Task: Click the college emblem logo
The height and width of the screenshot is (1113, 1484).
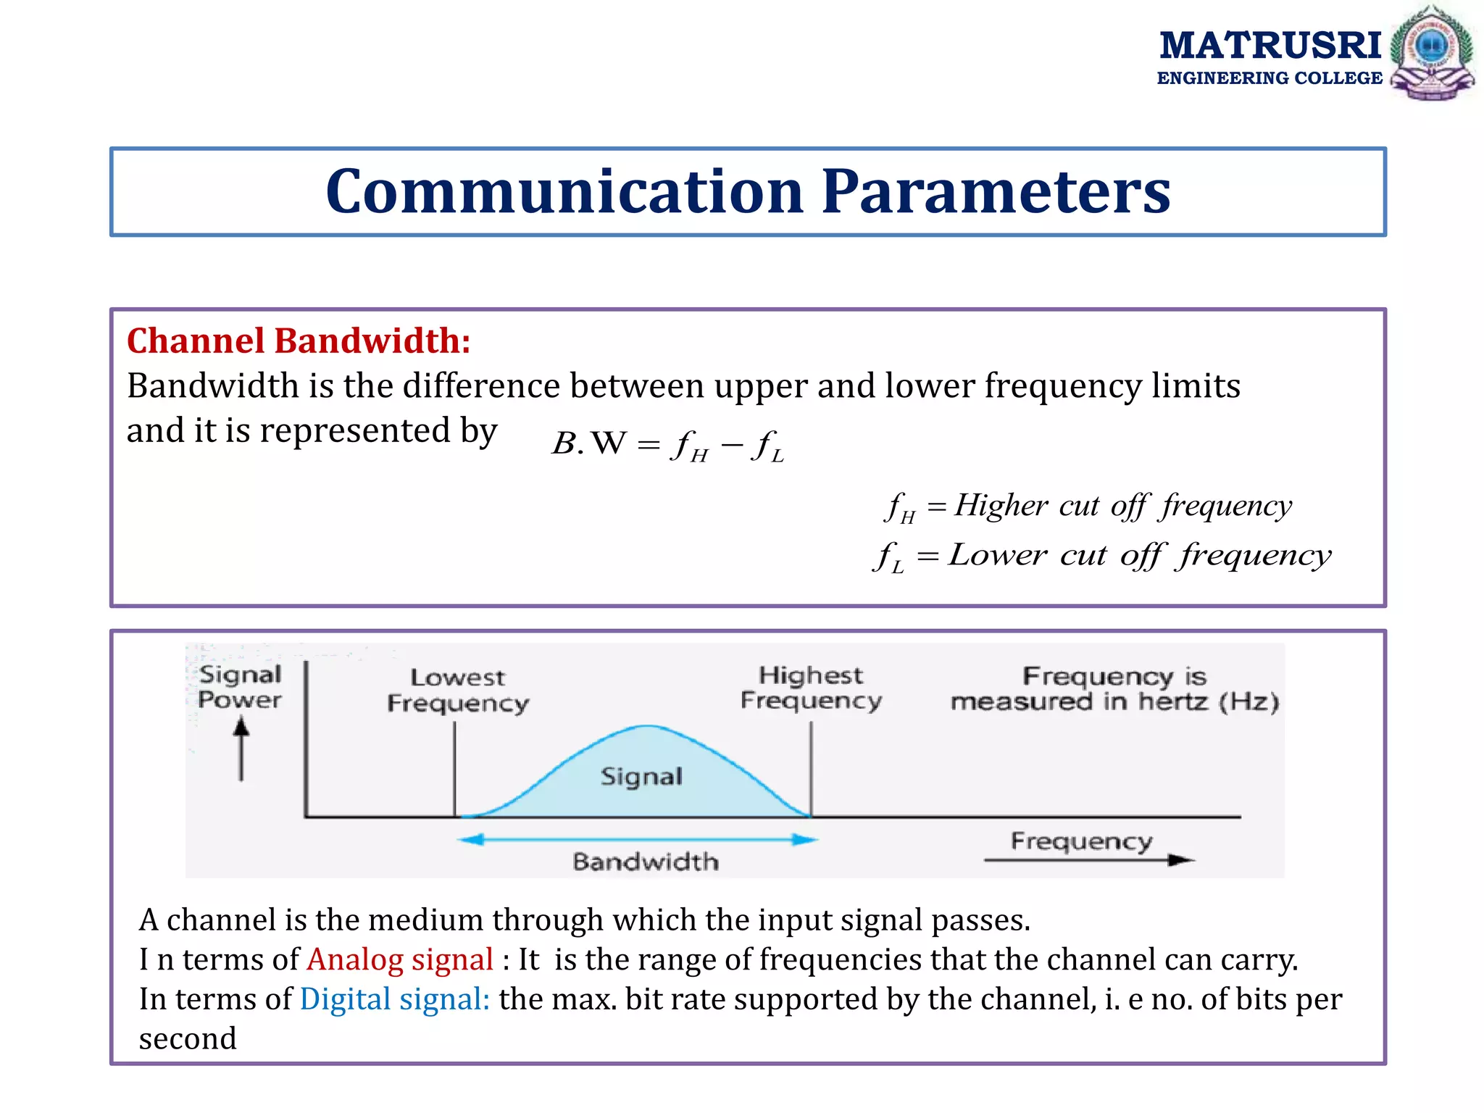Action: pyautogui.click(x=1432, y=52)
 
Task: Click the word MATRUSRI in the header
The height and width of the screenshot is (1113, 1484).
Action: pyautogui.click(x=1270, y=45)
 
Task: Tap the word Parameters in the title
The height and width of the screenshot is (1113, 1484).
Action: pyautogui.click(x=996, y=192)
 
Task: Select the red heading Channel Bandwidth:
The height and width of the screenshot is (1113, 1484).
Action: pyautogui.click(x=299, y=341)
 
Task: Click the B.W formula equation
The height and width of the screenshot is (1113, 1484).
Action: pyautogui.click(x=667, y=444)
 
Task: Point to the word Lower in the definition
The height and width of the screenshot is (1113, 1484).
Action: pyautogui.click(x=997, y=555)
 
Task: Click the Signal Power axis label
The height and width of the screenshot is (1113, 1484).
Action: pyautogui.click(x=240, y=687)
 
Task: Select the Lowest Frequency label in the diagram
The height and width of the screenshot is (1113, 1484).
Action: pyautogui.click(x=457, y=690)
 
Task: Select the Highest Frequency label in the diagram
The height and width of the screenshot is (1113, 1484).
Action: pyautogui.click(x=811, y=688)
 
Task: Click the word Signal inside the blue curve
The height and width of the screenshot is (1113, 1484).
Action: pyautogui.click(x=641, y=777)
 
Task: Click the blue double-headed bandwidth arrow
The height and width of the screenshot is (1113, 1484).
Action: pyautogui.click(x=638, y=839)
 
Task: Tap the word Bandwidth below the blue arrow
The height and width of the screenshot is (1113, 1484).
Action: pyautogui.click(x=646, y=862)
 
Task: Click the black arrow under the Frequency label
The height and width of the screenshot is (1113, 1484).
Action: pyautogui.click(x=1087, y=860)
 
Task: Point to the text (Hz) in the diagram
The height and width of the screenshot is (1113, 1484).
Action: pyautogui.click(x=1249, y=701)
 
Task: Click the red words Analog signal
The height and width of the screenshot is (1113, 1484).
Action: pyautogui.click(x=400, y=959)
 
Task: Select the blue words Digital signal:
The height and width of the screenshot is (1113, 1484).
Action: pyautogui.click(x=395, y=999)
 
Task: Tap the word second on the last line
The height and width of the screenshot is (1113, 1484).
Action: pyautogui.click(x=188, y=1039)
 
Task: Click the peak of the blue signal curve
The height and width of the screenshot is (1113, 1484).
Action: pyautogui.click(x=646, y=726)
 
